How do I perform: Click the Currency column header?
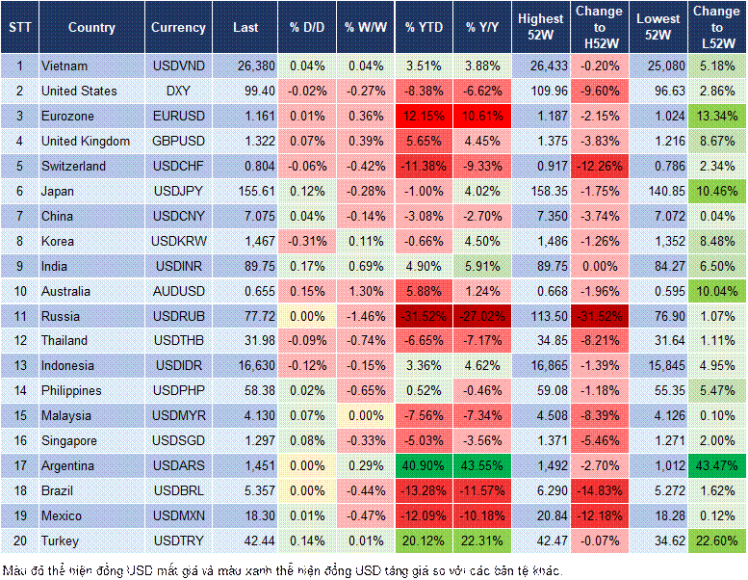(x=178, y=28)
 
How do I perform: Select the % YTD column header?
(x=424, y=28)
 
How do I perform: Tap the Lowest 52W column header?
(x=658, y=28)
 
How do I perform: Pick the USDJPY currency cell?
(x=178, y=191)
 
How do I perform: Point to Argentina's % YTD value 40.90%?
(x=424, y=465)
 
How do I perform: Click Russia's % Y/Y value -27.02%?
(x=483, y=316)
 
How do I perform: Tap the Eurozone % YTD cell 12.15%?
(x=424, y=116)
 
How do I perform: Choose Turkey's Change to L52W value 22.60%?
(x=716, y=540)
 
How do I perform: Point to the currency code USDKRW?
(x=178, y=241)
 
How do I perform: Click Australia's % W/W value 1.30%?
(x=364, y=291)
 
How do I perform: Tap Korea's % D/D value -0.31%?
(x=306, y=241)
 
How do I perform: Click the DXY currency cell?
(x=178, y=91)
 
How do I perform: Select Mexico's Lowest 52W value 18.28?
(x=658, y=515)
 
